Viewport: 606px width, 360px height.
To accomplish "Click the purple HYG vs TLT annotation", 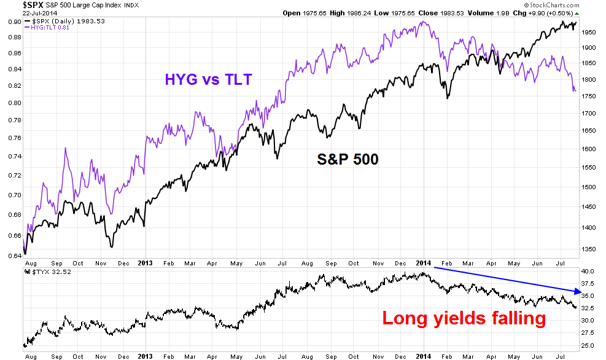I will click(208, 79).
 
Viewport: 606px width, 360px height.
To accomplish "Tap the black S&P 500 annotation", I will click(347, 159).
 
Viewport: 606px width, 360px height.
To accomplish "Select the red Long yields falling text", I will click(463, 318).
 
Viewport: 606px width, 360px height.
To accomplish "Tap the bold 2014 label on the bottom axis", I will click(423, 355).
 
